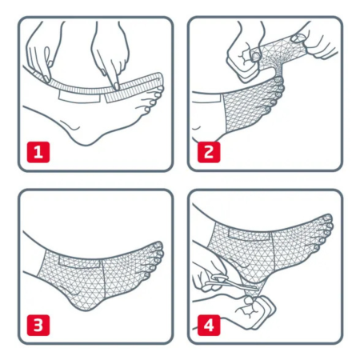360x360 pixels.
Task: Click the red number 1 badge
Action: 38,152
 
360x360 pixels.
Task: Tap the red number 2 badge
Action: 209,152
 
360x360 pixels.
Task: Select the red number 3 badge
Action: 38,325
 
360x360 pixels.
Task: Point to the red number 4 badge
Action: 209,325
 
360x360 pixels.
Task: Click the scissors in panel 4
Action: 230,282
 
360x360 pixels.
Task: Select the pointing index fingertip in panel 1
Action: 116,86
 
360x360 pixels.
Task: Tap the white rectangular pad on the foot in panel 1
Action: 79,97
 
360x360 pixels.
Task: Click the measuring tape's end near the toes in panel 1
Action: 159,78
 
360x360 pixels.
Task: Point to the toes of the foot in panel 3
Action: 154,258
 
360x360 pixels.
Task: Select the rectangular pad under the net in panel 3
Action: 79,262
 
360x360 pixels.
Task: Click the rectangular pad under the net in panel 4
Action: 250,234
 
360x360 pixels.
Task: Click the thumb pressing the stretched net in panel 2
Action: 298,38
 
